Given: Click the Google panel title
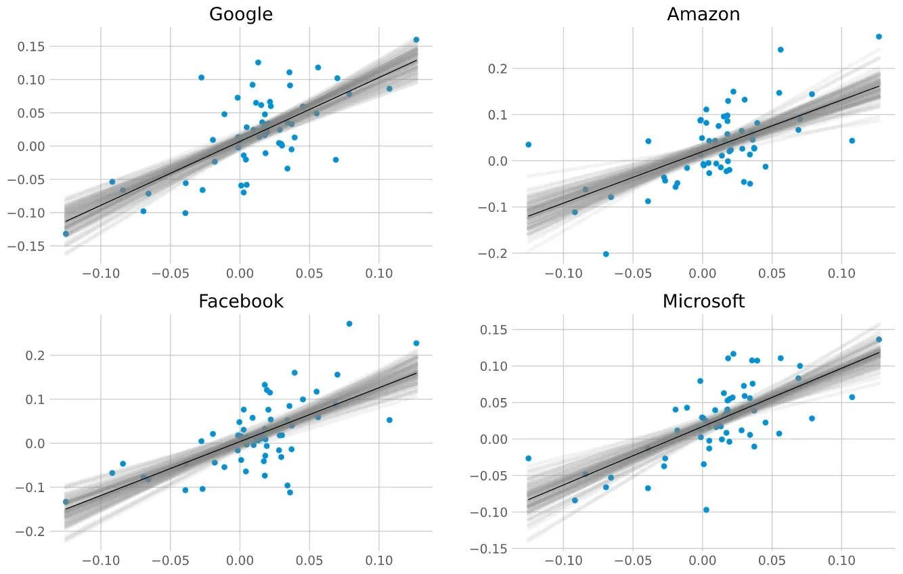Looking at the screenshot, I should (241, 14).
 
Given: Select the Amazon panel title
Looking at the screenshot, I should (703, 14).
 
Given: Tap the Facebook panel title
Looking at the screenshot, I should (241, 301).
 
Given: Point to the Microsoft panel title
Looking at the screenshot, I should (703, 301).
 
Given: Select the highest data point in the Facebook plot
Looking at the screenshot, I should (349, 324).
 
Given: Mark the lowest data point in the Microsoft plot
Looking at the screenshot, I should (706, 510).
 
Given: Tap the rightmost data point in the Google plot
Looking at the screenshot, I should (416, 40).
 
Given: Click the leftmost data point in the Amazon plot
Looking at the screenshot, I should (529, 144).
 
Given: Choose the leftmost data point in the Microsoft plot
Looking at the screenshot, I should (529, 458).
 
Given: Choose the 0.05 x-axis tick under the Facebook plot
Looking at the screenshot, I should (309, 561).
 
